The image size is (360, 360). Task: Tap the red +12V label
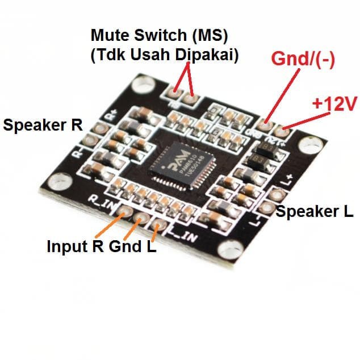333,103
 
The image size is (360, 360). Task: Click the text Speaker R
43,125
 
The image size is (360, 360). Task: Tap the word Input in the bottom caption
65,247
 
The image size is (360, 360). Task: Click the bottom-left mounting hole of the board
57,183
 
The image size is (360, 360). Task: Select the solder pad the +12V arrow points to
284,134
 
